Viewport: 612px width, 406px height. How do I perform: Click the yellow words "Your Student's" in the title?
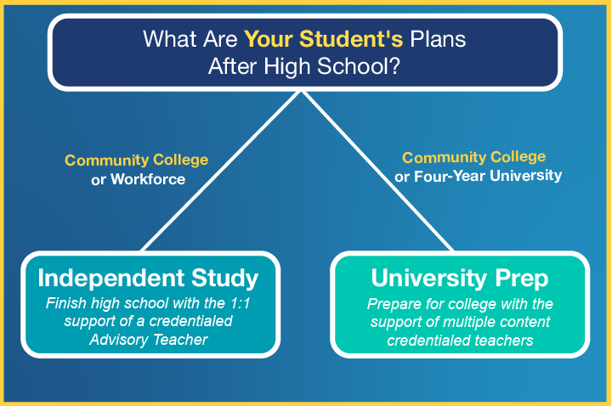click(323, 39)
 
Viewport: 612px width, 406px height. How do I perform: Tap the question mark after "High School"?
click(394, 66)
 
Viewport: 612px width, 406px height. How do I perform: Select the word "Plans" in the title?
click(438, 39)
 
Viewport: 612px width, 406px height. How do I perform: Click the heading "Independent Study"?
click(148, 279)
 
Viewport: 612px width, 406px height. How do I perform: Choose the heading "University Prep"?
click(460, 278)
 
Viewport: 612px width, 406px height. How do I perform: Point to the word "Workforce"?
click(148, 179)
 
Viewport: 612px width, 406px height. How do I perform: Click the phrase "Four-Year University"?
click(488, 176)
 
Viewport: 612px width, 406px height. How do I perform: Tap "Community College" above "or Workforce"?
click(137, 161)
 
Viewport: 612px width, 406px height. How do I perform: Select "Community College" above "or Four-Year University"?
click(473, 157)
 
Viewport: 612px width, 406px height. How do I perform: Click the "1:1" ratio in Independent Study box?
click(240, 303)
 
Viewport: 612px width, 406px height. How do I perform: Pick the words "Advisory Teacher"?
click(148, 340)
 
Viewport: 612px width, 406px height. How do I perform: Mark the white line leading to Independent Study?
click(221, 171)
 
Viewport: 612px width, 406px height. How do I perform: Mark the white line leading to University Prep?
click(377, 171)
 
